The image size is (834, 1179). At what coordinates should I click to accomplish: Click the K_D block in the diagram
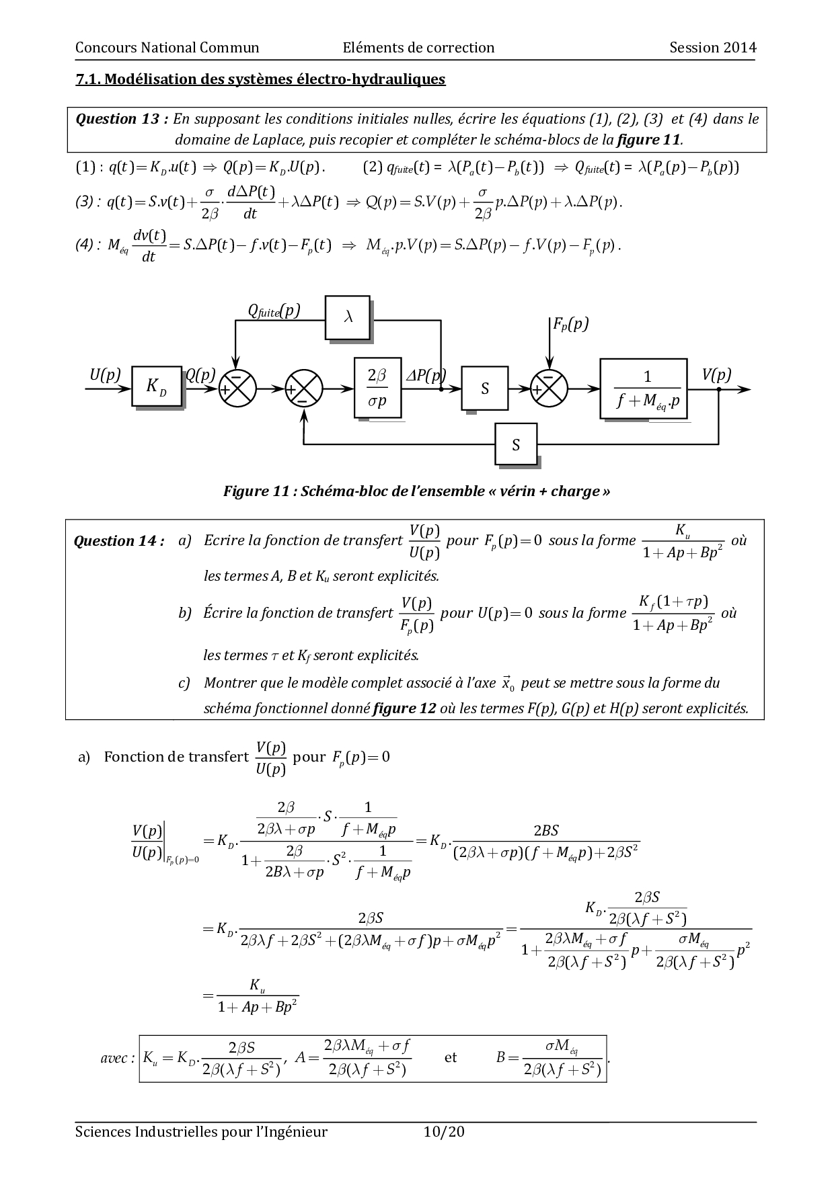click(157, 387)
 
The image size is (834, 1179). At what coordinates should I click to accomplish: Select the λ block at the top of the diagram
click(348, 317)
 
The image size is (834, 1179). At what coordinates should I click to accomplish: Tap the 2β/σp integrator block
click(378, 387)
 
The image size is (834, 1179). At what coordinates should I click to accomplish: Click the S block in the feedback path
click(517, 444)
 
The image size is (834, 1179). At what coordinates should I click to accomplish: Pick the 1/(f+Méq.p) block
click(644, 389)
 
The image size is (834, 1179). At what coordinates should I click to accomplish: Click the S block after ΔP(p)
click(485, 389)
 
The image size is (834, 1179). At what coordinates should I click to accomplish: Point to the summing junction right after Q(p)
click(237, 389)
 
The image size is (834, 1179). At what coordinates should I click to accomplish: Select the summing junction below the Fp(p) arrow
click(549, 389)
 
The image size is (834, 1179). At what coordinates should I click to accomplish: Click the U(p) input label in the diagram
click(106, 375)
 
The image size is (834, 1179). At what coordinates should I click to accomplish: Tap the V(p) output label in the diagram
click(716, 375)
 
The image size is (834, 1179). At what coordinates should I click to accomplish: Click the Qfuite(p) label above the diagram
click(274, 311)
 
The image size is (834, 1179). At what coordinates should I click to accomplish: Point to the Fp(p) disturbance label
click(570, 325)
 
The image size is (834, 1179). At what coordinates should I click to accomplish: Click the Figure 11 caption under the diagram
click(417, 491)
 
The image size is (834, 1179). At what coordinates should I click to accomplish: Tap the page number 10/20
click(444, 1132)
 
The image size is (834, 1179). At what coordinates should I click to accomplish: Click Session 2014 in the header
click(713, 47)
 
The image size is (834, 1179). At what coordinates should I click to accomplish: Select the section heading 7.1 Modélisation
click(260, 79)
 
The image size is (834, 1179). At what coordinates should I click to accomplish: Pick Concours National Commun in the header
click(167, 47)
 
